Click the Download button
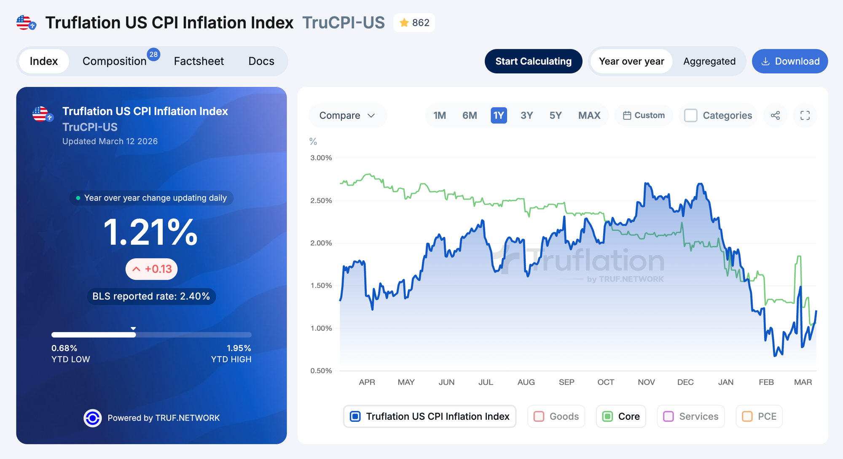pyautogui.click(x=790, y=62)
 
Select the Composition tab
pyautogui.click(x=115, y=62)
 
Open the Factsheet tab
pyautogui.click(x=199, y=62)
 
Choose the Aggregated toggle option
pyautogui.click(x=709, y=62)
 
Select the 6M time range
pyautogui.click(x=470, y=116)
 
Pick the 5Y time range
pyautogui.click(x=555, y=116)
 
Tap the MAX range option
pyautogui.click(x=589, y=116)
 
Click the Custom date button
pyautogui.click(x=644, y=116)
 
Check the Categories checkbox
pyautogui.click(x=690, y=116)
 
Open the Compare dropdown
pyautogui.click(x=347, y=116)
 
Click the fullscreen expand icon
pyautogui.click(x=805, y=116)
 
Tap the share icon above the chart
pyautogui.click(x=775, y=116)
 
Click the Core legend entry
pyautogui.click(x=621, y=416)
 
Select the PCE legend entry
pyautogui.click(x=759, y=416)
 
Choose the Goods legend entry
pyautogui.click(x=556, y=416)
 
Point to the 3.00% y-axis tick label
pyautogui.click(x=321, y=158)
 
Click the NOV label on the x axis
pyautogui.click(x=646, y=382)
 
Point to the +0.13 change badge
pyautogui.click(x=152, y=269)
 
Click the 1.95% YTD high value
pyautogui.click(x=239, y=348)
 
